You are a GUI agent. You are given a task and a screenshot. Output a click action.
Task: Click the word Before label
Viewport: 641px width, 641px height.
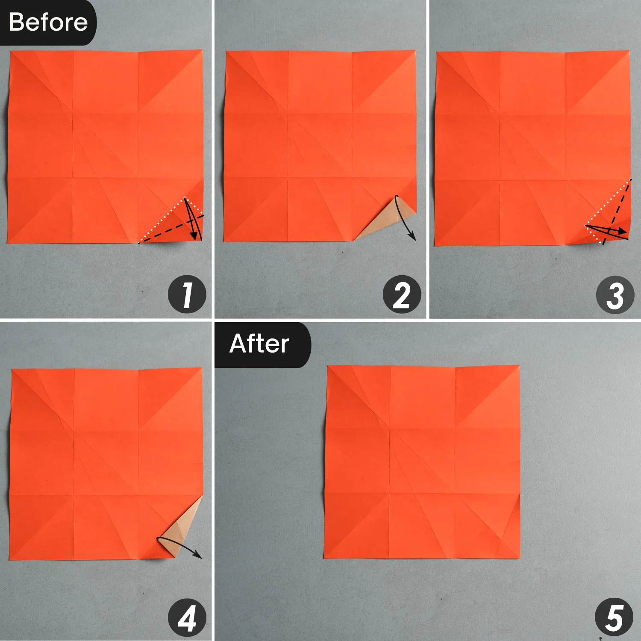48,22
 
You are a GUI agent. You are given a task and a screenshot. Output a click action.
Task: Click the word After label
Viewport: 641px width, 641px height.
259,344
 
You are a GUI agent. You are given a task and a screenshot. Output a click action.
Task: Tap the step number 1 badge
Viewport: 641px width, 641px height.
187,295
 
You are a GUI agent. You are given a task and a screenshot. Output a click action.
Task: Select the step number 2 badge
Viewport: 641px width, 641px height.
402,295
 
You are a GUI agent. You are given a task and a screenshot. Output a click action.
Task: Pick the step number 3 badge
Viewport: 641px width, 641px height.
615,295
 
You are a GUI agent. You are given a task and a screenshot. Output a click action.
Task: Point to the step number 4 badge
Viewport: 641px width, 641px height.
187,618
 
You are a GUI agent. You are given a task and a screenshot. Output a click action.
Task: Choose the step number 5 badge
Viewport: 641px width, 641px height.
614,618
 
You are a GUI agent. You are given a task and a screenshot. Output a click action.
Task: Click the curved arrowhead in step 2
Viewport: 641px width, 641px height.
413,237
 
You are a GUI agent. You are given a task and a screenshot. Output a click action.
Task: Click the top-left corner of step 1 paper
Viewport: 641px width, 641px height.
10,52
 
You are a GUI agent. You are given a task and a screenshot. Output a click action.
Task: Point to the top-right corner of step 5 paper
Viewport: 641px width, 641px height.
519,366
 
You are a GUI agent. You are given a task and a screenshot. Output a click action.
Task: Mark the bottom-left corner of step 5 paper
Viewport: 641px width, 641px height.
324,558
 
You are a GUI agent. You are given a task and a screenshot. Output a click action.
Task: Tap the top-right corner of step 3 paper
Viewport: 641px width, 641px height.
629,52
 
